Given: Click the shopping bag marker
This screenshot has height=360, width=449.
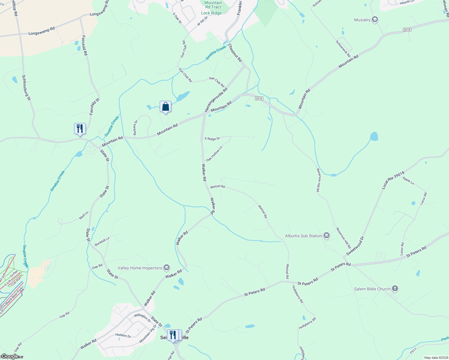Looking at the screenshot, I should point(165,107).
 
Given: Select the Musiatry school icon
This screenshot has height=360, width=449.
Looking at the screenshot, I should point(375,20).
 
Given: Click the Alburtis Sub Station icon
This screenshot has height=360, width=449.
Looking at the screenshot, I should point(327,236).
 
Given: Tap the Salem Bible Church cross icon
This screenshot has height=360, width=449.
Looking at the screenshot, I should point(395,289).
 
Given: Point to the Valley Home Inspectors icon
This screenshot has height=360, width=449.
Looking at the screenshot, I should point(167,268).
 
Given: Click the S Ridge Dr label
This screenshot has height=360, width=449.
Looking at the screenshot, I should point(212,139).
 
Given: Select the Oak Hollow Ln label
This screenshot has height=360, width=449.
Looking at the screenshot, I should point(214,154).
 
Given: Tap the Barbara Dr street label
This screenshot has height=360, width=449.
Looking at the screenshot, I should point(136,127).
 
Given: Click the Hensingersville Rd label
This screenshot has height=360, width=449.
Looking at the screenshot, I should point(216,100).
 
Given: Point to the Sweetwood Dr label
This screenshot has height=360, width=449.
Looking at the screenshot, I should point(355,246).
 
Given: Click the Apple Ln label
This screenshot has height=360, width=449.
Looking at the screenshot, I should point(408,181).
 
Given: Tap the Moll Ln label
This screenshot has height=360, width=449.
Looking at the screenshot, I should point(84,215).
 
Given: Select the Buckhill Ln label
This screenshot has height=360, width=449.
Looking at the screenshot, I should point(102,241).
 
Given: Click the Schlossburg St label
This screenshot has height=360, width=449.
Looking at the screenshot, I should point(26,88).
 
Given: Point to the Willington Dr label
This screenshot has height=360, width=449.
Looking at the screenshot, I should point(142,318).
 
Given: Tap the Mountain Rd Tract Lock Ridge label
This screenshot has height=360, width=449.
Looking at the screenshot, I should point(212,8).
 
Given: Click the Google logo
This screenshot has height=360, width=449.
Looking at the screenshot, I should point(10,356).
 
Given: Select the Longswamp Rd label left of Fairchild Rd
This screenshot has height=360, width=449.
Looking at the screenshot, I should point(42,31).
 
